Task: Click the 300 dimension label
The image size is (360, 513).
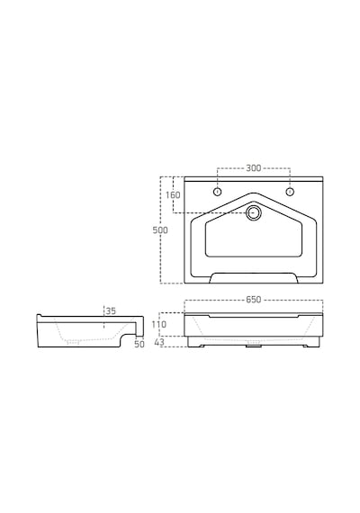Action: tap(254, 167)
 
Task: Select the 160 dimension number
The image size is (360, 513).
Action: tap(173, 195)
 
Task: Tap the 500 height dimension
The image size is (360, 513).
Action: tap(160, 230)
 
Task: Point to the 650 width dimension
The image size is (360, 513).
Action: tap(254, 300)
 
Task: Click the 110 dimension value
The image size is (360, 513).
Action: tap(159, 324)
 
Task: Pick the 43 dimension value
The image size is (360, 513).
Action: tap(159, 342)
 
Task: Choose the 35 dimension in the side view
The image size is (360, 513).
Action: tap(111, 310)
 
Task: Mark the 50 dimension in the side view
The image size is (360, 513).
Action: tap(139, 344)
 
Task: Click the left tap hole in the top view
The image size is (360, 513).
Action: tap(217, 192)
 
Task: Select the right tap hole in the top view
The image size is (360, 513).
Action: tap(290, 192)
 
